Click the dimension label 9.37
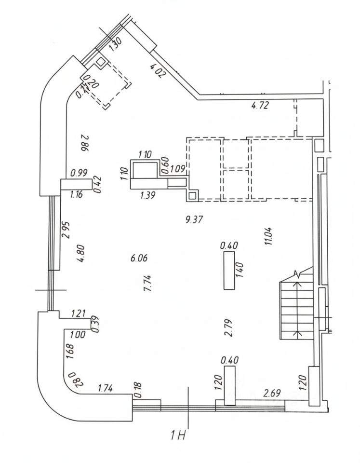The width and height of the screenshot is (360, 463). click(x=194, y=220)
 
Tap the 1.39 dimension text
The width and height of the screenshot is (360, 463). click(x=148, y=195)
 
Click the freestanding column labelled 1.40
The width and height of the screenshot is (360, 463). click(x=229, y=271)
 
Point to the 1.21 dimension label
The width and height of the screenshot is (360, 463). click(x=78, y=314)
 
